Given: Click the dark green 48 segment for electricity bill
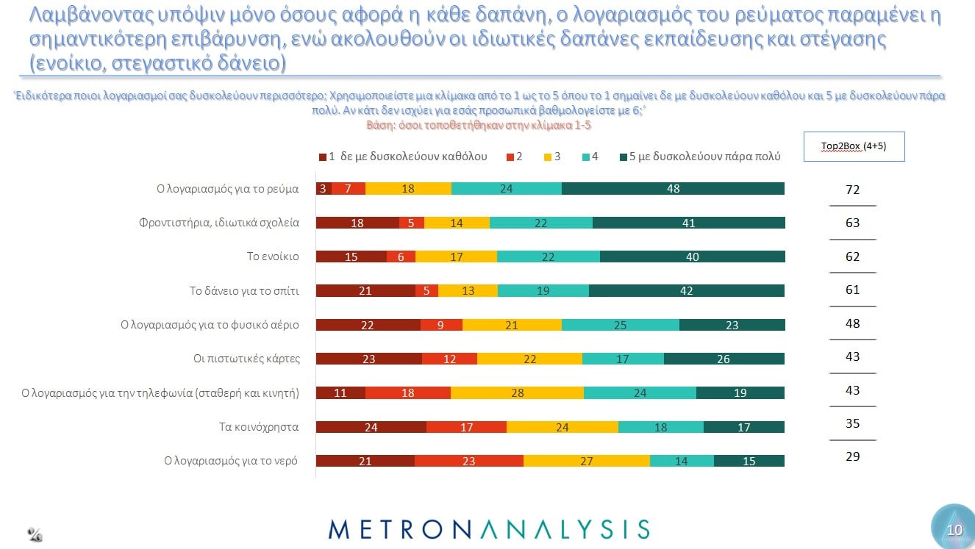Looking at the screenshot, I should pos(673,189).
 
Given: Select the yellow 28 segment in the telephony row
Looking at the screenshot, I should pos(517,392).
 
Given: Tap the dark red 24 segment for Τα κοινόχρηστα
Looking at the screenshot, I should pos(371,426).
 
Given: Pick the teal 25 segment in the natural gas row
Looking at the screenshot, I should pos(621,325).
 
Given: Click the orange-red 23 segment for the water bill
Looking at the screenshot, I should pos(469,461).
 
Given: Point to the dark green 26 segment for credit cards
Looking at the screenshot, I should pos(724,359).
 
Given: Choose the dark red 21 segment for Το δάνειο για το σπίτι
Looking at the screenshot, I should pos(365,290).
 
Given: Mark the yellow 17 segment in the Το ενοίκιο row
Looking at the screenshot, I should pos(456,256).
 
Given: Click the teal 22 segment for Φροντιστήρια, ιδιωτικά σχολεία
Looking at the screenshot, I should pos(540,223).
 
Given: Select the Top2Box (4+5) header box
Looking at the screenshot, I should pos(854,146).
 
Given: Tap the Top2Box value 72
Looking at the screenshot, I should pos(853,190).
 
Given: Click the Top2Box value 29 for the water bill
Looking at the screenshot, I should pos(853,456).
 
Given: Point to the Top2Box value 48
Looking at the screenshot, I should pos(853,323).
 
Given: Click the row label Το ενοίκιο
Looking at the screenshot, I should pos(273,256).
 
